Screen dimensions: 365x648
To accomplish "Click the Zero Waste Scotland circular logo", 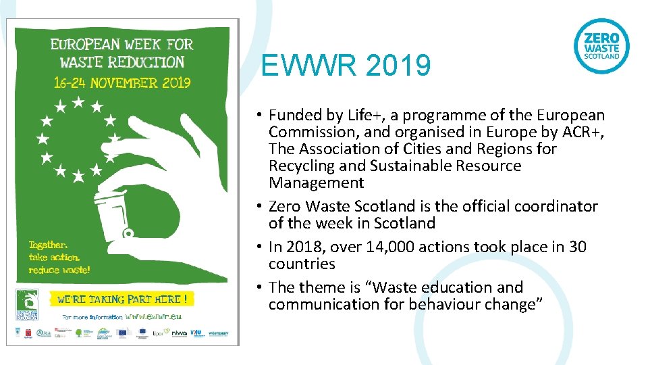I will point(601,46).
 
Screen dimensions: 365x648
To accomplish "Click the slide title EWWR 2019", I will point(346,66).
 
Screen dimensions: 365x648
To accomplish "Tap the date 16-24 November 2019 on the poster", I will point(123,82).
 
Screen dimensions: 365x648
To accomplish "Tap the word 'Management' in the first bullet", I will point(316,183).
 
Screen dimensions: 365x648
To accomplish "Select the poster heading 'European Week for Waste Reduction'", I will point(122,53).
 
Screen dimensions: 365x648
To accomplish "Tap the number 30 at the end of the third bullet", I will point(578,247).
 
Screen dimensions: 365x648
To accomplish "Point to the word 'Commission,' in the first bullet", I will point(310,132).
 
